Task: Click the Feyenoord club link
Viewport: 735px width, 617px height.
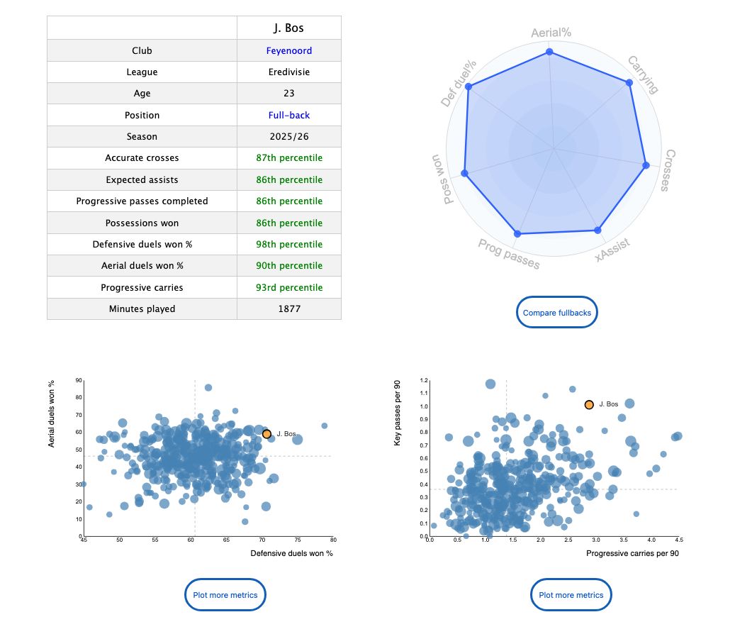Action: pos(289,50)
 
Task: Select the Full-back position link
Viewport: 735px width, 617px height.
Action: pos(289,115)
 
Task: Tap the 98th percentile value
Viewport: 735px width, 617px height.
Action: pos(289,244)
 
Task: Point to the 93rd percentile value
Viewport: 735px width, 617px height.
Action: pos(289,287)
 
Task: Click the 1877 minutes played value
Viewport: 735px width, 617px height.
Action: pos(289,308)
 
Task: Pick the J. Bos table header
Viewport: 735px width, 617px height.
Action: pos(289,28)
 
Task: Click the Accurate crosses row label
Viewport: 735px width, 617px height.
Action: pos(142,157)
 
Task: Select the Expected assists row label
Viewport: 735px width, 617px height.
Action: pos(142,179)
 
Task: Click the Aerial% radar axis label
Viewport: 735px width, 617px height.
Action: pos(551,33)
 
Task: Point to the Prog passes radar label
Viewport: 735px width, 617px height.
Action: pos(508,254)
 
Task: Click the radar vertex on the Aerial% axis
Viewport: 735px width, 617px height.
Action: pos(549,52)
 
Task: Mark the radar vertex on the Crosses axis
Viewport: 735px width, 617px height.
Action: pos(646,165)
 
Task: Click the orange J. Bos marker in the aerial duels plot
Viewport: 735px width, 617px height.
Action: pos(266,434)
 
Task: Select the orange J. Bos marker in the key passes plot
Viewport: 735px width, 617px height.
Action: pos(589,404)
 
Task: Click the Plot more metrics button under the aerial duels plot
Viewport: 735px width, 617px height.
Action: pos(225,594)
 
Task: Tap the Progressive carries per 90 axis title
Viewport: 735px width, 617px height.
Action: pos(632,554)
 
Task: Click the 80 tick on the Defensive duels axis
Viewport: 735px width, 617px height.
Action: pos(332,540)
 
